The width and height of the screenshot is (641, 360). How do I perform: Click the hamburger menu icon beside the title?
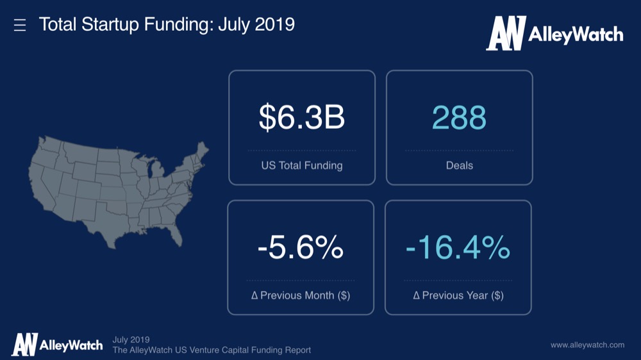click(x=20, y=25)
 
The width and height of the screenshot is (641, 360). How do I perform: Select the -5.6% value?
click(x=300, y=248)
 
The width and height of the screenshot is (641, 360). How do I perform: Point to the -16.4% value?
click(x=458, y=248)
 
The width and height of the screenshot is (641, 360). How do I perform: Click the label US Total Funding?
click(x=301, y=165)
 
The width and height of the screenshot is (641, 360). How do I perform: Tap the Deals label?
click(x=459, y=165)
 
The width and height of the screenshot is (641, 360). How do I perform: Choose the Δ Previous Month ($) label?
click(x=300, y=295)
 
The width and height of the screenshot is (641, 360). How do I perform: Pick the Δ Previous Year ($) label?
click(x=458, y=295)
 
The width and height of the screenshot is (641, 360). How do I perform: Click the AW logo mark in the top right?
click(x=506, y=33)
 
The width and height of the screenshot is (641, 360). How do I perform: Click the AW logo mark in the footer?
click(x=24, y=345)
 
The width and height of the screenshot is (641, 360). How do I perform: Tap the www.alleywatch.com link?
click(x=587, y=345)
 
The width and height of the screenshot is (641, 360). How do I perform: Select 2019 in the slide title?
click(x=273, y=25)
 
